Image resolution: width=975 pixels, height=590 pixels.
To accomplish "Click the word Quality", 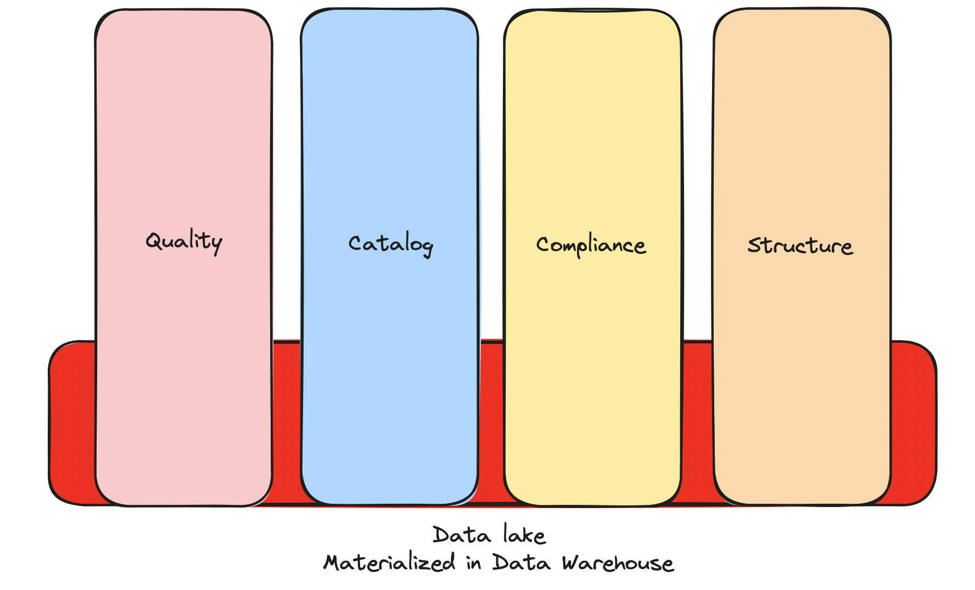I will point(184,241).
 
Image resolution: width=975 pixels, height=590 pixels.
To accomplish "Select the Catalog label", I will point(390,244).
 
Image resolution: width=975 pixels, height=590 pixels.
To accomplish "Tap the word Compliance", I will point(591,245).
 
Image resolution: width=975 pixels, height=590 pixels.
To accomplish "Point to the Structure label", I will point(800,246).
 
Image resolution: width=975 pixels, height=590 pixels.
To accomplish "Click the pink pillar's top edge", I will point(183,10).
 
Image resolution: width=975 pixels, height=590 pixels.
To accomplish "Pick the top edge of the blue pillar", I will point(389,9).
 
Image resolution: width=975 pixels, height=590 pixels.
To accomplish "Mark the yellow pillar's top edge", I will point(593,10).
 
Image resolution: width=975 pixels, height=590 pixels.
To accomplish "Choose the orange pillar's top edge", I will point(802,9).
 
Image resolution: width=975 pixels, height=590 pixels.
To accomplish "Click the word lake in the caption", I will point(524,535).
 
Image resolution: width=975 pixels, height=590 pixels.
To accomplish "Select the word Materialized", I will point(389,563).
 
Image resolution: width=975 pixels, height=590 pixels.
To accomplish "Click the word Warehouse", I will point(618,563).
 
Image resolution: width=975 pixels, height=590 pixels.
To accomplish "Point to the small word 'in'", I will point(474,564).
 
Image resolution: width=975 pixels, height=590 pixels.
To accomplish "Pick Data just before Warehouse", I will point(521,563).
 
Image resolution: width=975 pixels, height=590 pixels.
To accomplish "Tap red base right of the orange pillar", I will point(912,423).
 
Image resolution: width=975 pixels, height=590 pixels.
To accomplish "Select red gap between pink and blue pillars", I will point(287,423).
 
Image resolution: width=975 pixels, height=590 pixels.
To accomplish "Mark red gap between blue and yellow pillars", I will point(491,423).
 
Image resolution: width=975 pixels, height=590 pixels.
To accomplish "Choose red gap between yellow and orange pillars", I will point(697,423).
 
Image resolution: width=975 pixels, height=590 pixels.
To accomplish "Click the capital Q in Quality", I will point(153,241).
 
